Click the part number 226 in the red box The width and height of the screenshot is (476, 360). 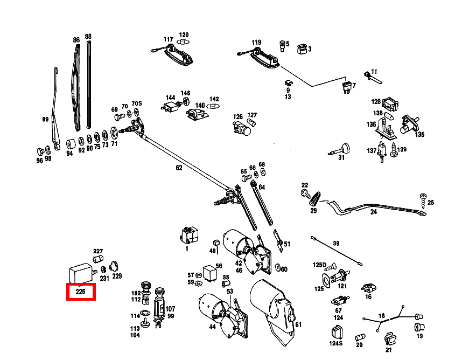(80, 292)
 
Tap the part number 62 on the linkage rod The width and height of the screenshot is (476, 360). (179, 168)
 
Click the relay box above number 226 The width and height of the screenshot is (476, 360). (80, 272)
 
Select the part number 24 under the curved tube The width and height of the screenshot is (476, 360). (374, 212)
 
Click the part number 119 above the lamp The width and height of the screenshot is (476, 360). (256, 43)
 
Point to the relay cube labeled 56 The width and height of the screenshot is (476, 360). (209, 271)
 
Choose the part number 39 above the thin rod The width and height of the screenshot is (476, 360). (336, 243)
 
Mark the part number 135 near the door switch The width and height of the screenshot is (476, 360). (419, 134)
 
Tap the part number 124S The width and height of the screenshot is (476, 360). (335, 343)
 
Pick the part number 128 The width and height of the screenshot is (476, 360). (376, 101)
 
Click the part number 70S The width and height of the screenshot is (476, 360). (137, 103)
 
